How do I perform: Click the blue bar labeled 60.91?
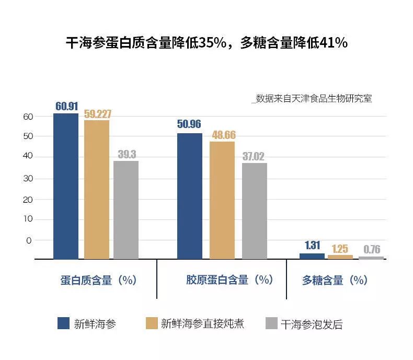(66, 185)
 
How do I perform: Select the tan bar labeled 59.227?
(97, 189)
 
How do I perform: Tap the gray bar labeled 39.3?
(126, 210)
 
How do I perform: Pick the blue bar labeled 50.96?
(190, 196)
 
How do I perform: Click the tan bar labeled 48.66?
(222, 200)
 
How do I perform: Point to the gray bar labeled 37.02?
(255, 211)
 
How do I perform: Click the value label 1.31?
(312, 245)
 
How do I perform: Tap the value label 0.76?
(371, 249)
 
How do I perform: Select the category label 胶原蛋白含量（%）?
(230, 280)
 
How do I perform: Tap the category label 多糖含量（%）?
(335, 280)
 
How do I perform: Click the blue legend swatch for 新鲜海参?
(63, 323)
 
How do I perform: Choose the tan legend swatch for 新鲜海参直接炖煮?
(151, 323)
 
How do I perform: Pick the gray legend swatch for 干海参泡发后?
(271, 323)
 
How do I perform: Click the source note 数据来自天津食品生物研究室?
(313, 98)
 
